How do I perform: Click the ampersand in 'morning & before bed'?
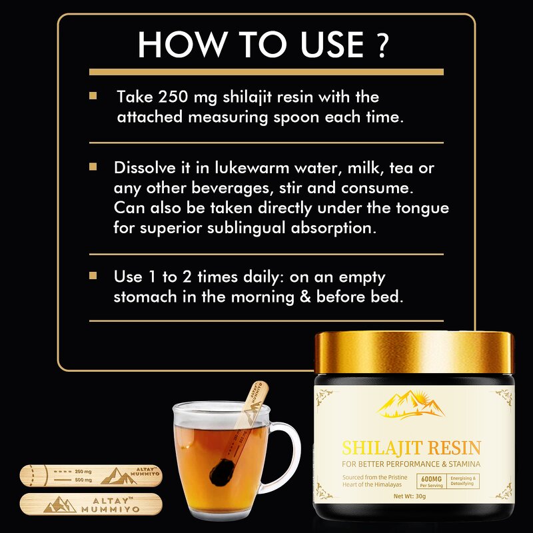pos(305,296)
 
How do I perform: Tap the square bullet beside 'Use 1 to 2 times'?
pos(93,275)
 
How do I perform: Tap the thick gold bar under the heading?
pos(266,71)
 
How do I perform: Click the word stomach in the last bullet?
pos(148,296)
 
